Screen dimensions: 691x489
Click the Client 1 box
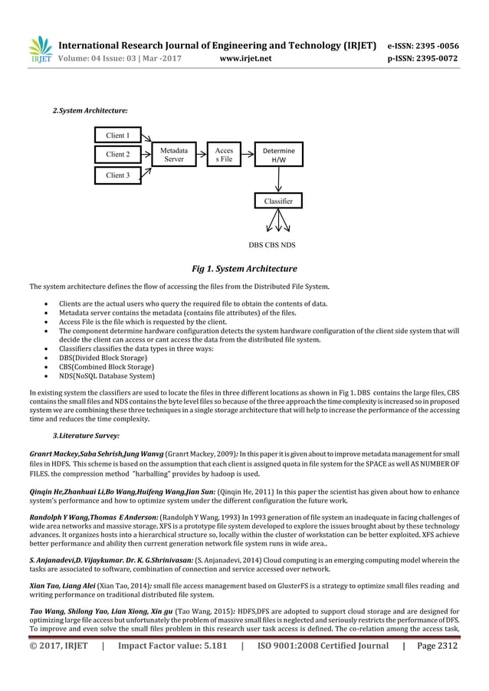click(117, 136)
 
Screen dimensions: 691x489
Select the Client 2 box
click(117, 155)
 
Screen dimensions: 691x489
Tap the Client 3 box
click(117, 175)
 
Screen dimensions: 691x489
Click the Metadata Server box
click(174, 156)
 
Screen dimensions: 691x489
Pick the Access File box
click(224, 156)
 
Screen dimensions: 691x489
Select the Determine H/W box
click(278, 156)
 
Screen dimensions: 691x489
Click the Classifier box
click(278, 201)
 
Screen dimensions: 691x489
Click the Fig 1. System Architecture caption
click(244, 269)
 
